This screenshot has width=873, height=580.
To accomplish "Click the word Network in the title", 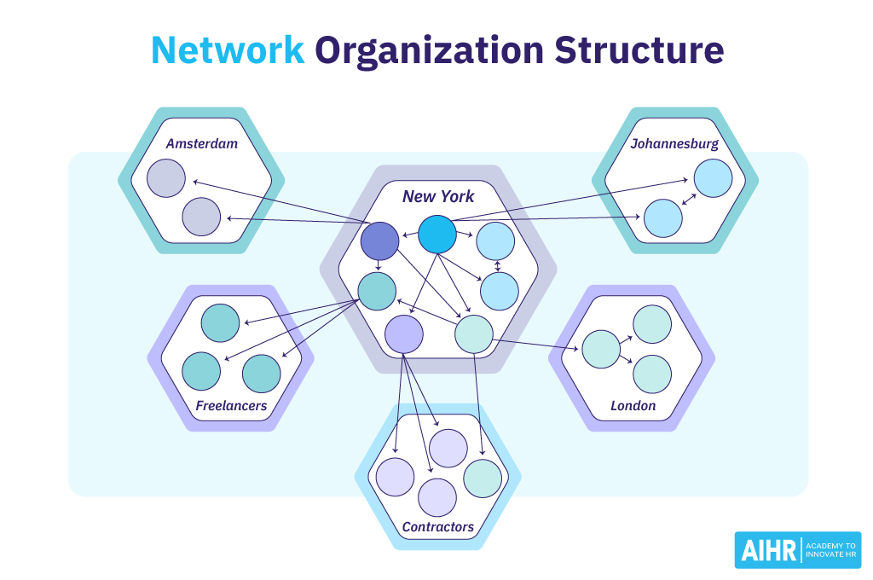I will [228, 50].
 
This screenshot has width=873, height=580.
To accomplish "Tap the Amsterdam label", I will [202, 143].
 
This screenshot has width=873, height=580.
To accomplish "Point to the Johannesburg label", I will [674, 143].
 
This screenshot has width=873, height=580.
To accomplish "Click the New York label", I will [438, 197].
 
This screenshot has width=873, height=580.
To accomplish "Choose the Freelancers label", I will [231, 405].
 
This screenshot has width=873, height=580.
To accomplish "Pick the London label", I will [633, 405].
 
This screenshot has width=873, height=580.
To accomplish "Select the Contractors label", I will [437, 526].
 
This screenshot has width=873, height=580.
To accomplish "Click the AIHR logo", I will [797, 550].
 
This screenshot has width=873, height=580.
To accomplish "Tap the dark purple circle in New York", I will [379, 241].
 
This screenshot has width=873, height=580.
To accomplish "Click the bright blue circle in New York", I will [437, 234].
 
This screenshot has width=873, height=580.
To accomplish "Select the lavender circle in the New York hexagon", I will [404, 334].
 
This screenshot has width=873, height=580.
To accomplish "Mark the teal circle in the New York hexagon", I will [377, 291].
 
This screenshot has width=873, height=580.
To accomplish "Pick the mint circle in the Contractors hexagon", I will [483, 478].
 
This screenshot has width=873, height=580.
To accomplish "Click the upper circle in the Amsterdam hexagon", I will [166, 177].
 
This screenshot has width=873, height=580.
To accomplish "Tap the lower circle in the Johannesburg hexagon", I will [663, 217].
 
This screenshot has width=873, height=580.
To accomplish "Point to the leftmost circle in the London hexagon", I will [600, 349].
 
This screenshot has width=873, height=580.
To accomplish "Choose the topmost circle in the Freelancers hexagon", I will [221, 323].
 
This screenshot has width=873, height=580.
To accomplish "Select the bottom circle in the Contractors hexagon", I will [437, 497].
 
